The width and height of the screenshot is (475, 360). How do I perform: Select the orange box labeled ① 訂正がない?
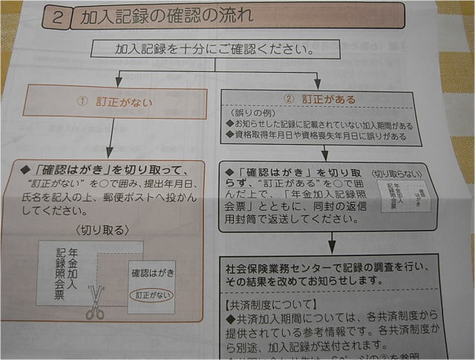114,101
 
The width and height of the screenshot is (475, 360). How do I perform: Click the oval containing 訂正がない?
151,295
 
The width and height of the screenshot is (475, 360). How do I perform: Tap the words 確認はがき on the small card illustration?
152,272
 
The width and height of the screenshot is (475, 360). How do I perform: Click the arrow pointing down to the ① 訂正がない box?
118,79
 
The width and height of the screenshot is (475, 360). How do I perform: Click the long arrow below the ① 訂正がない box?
111,140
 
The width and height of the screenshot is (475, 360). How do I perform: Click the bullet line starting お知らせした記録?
319,124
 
